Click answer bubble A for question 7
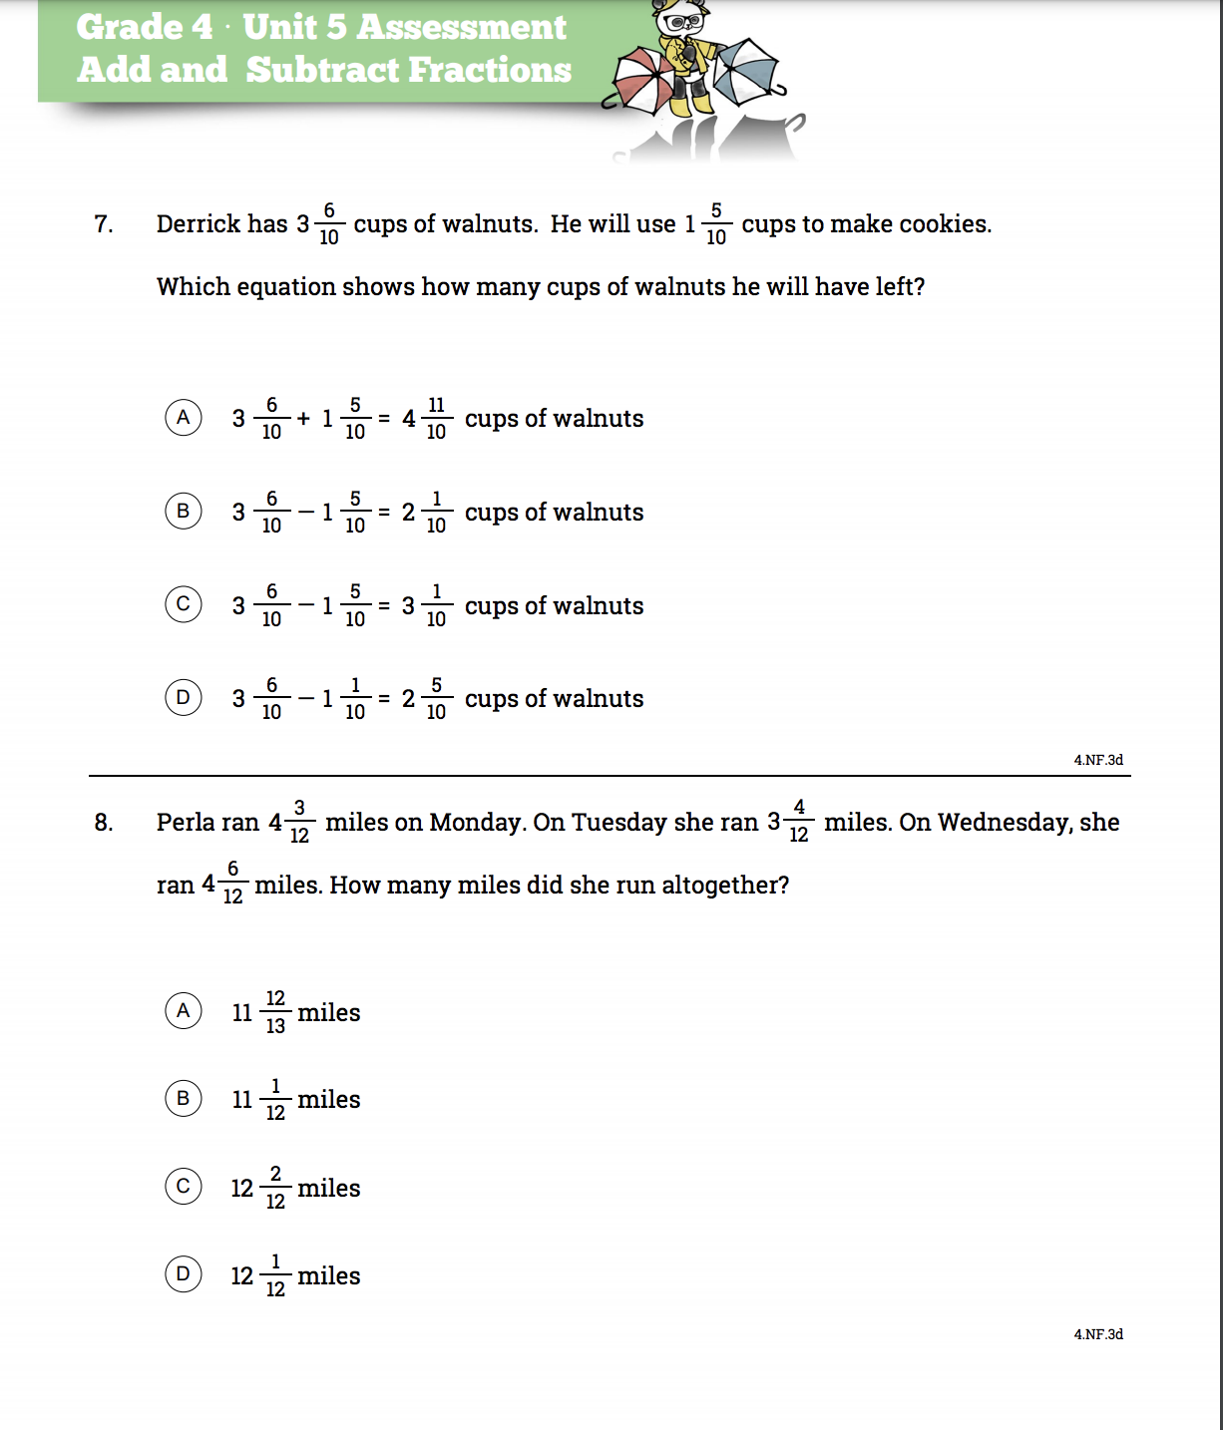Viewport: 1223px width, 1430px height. coord(184,417)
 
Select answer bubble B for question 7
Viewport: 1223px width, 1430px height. coord(184,511)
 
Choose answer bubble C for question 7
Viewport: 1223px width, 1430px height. coord(184,604)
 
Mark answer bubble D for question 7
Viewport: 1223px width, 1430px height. coord(184,697)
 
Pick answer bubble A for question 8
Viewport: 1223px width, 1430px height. coord(184,1011)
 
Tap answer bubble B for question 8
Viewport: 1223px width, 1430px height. coord(184,1098)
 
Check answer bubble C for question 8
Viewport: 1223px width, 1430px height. coord(184,1187)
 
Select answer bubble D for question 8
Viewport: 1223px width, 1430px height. coord(184,1274)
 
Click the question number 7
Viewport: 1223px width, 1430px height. coord(103,224)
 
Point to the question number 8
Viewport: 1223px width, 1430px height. coord(103,823)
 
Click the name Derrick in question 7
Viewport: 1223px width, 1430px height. coord(199,224)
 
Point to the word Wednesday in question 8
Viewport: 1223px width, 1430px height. coord(1005,823)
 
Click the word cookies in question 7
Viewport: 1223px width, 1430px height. coord(944,224)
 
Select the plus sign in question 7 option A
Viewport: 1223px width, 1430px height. coord(303,419)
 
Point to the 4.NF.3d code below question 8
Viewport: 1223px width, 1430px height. coord(1098,1334)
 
